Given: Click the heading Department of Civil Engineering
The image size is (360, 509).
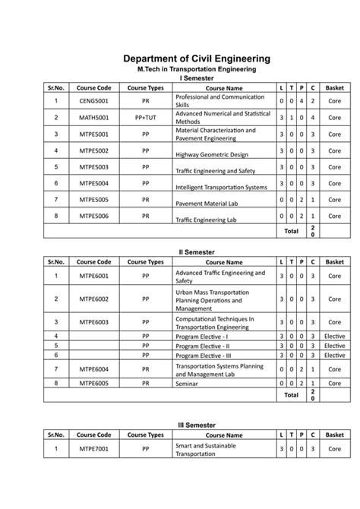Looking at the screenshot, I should (x=197, y=58).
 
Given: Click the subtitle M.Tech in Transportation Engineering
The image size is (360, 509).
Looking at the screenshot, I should (x=196, y=69).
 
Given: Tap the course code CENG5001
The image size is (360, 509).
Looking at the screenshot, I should (x=95, y=101).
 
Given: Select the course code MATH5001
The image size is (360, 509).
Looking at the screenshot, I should (x=95, y=118).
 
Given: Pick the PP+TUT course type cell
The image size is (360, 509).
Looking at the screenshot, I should (x=145, y=118).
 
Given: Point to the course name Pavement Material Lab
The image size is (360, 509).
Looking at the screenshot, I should (x=205, y=204).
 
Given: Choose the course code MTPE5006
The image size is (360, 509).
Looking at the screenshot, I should (x=95, y=217).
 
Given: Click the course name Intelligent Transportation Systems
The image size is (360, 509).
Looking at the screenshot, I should (x=221, y=187).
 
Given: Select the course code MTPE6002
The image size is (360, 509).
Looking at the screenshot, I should (x=95, y=299).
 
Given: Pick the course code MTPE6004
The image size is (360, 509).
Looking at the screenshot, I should (x=95, y=369).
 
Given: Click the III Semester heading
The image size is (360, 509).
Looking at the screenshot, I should (x=197, y=425).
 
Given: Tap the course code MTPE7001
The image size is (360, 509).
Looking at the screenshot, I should (x=95, y=449).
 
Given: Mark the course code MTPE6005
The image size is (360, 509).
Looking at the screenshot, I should (x=95, y=384).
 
